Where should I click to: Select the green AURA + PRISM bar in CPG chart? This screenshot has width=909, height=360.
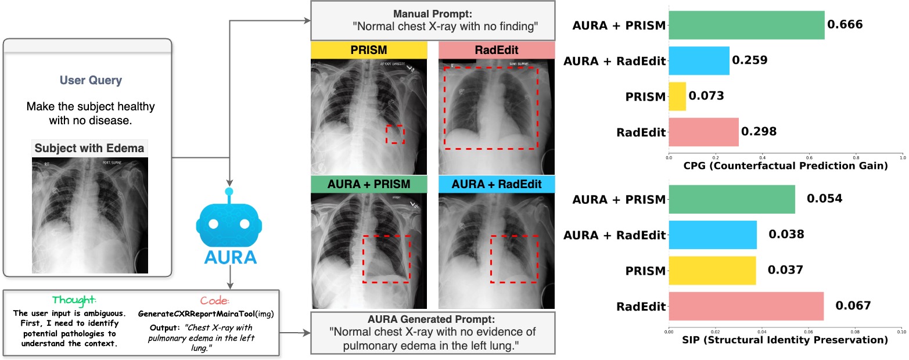pos(746,25)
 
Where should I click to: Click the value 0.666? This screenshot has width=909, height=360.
pos(845,25)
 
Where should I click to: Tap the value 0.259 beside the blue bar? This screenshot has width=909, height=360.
pos(750,60)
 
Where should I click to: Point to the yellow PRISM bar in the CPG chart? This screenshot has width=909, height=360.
pos(677,96)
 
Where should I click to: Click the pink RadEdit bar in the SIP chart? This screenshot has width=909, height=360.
pos(746,306)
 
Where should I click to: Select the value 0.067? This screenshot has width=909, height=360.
pos(853,306)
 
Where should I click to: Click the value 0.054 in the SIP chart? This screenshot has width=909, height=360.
pos(824,199)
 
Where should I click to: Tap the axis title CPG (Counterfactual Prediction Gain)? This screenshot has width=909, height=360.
pos(785,166)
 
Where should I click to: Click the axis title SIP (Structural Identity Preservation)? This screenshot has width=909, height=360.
pos(785,340)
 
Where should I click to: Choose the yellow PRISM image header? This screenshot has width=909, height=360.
pos(369,50)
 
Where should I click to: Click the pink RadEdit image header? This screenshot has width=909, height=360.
pos(496,50)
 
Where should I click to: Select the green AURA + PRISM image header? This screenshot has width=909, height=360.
pos(369,185)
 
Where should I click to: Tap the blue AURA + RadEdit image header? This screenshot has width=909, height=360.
pos(496,185)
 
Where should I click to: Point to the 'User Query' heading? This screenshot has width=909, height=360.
pos(91,81)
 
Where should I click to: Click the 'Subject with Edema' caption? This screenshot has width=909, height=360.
pos(89,148)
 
